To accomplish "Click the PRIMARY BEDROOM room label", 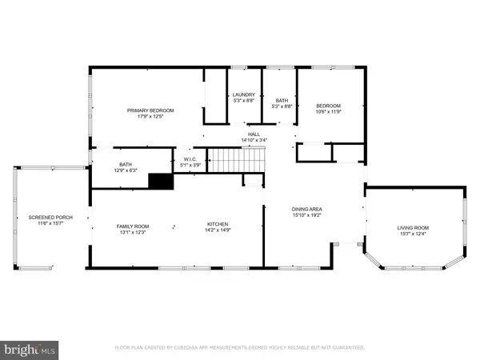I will click(150, 110).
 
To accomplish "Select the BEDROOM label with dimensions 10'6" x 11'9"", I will click(328, 106).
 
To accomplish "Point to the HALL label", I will click(254, 134).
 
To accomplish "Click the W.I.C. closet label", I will click(190, 159).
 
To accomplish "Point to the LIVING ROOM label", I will click(414, 228).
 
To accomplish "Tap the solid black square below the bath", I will click(161, 181).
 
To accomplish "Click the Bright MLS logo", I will click(30, 349).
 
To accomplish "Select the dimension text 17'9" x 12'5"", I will click(150, 117).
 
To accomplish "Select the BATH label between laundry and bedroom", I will click(280, 99).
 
